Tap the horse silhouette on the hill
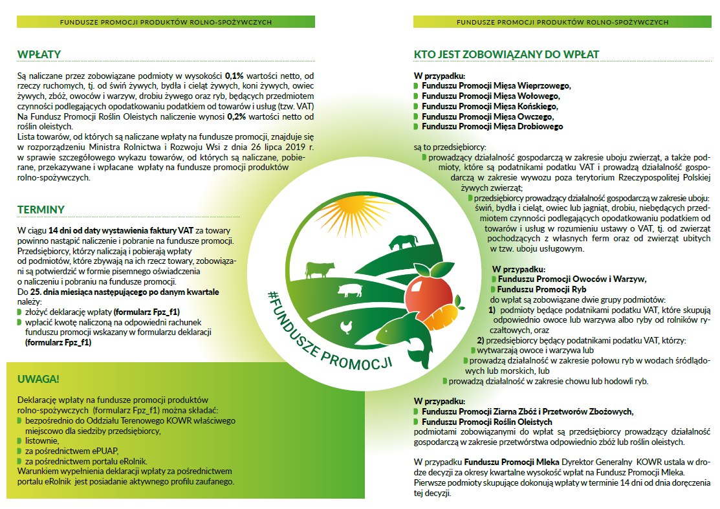(403, 243)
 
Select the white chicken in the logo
(348, 327)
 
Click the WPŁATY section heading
(40, 54)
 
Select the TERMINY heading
(41, 210)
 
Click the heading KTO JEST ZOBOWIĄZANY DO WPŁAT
(507, 54)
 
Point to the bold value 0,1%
(234, 76)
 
